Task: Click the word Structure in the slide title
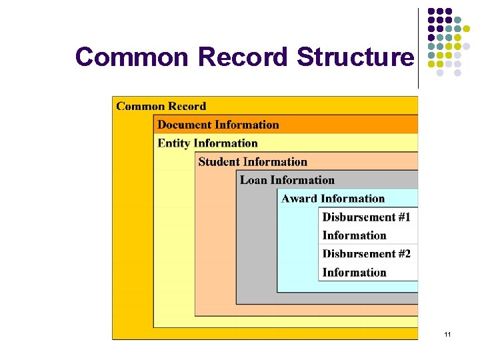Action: point(355,57)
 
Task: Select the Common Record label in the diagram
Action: point(161,106)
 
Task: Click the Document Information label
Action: point(218,125)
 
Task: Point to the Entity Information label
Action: point(207,143)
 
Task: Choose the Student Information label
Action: point(253,162)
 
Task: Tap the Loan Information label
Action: point(287,180)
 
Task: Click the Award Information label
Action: point(333,199)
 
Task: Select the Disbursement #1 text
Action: point(366,217)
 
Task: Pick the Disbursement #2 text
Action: point(366,253)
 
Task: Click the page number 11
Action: point(447,333)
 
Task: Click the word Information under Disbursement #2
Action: point(354,272)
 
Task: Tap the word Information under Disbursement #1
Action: point(354,235)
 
